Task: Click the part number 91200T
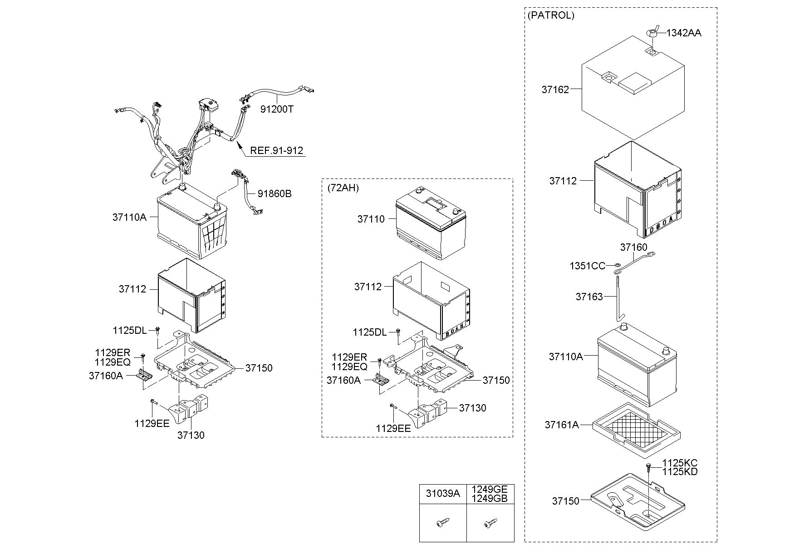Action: [277, 109]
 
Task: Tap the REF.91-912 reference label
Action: [277, 150]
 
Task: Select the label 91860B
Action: [275, 193]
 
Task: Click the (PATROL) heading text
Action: [551, 15]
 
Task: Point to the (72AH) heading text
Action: [343, 188]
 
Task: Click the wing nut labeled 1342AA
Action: [652, 32]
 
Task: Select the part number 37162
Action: [555, 89]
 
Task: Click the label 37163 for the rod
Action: [589, 297]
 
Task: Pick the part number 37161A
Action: [562, 425]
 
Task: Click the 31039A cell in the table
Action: [443, 494]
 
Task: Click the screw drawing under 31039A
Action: [443, 523]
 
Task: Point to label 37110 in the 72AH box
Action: [371, 219]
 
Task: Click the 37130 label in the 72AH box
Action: [472, 408]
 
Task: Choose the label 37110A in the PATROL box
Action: [566, 357]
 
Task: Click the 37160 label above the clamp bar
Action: [634, 247]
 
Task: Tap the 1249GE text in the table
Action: [490, 490]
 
